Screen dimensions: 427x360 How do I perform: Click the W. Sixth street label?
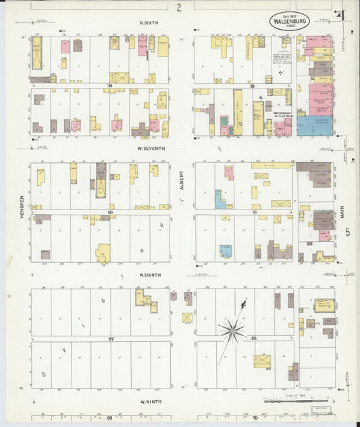(149, 23)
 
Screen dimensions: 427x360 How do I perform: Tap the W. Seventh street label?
(151, 148)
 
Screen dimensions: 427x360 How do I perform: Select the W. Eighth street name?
(149, 275)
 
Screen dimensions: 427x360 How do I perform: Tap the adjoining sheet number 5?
(348, 232)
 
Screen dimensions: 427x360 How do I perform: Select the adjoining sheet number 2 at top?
(179, 7)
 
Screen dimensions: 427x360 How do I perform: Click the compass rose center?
(232, 330)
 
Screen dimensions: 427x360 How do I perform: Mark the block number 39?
(107, 86)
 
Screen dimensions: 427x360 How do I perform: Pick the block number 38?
(251, 86)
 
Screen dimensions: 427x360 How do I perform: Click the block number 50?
(109, 213)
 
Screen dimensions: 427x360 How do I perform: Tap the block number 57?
(108, 338)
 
